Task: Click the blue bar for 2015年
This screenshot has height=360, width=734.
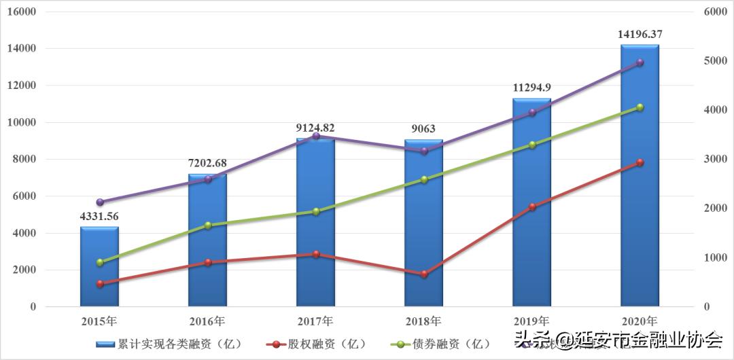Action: [x=99, y=266]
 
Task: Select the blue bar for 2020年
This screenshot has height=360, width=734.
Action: [x=640, y=177]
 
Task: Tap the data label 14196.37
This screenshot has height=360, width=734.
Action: [x=640, y=33]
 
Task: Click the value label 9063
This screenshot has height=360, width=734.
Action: [x=423, y=128]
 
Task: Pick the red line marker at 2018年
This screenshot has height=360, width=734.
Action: [x=423, y=274]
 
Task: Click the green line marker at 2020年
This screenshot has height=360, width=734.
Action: [x=640, y=107]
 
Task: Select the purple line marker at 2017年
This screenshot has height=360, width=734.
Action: [x=315, y=137]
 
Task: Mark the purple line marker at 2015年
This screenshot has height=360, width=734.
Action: [x=100, y=202]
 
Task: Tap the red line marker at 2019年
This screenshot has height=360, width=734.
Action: [x=531, y=206]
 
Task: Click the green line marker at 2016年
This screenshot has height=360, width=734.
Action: [x=207, y=226]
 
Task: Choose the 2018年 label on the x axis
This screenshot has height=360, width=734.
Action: [x=423, y=321]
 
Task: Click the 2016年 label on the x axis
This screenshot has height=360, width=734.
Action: [x=207, y=321]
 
